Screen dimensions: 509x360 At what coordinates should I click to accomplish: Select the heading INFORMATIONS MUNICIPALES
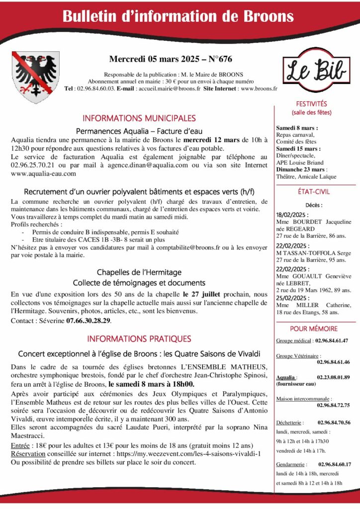(139, 118)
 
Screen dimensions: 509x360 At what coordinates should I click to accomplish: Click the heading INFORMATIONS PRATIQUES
(139, 339)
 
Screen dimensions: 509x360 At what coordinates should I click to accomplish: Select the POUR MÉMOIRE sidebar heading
(314, 329)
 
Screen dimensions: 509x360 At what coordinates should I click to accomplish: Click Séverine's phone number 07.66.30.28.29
(89, 321)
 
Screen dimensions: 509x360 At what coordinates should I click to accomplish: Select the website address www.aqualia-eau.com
(43, 173)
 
